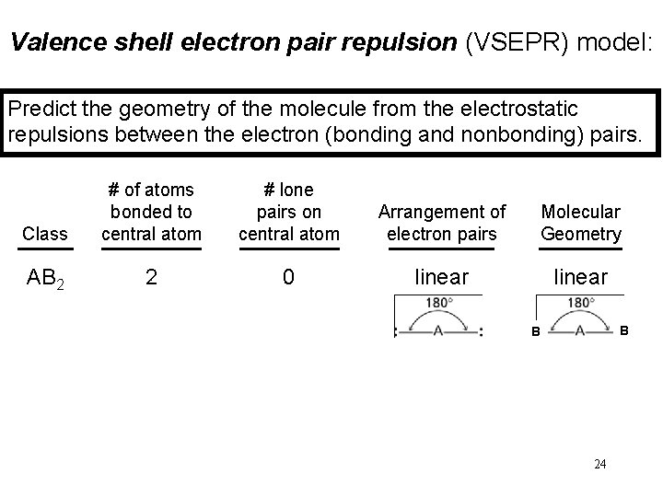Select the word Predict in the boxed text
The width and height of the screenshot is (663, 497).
pyautogui.click(x=40, y=109)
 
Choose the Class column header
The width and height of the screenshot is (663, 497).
pyautogui.click(x=45, y=234)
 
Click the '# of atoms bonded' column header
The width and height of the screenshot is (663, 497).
pyautogui.click(x=151, y=212)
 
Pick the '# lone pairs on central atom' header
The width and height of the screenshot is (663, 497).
pyautogui.click(x=289, y=212)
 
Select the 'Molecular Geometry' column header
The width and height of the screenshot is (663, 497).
pyautogui.click(x=580, y=223)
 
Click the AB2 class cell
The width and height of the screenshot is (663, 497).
pyautogui.click(x=45, y=277)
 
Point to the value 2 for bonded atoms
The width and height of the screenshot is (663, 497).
pyautogui.click(x=151, y=277)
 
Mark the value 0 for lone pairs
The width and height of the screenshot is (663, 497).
pyautogui.click(x=289, y=277)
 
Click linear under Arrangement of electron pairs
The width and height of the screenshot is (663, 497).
pyautogui.click(x=442, y=277)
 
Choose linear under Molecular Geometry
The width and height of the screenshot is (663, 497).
pyautogui.click(x=580, y=277)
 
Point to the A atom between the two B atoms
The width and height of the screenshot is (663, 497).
pyautogui.click(x=580, y=331)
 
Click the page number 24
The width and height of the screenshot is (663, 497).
pyautogui.click(x=599, y=464)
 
